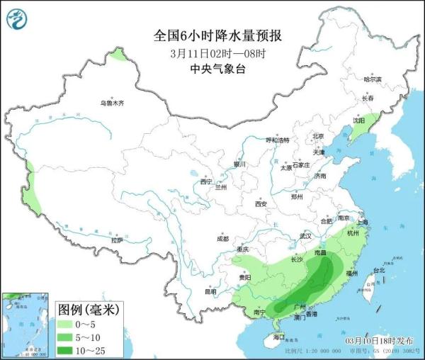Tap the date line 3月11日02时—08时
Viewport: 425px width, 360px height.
pyautogui.click(x=213, y=52)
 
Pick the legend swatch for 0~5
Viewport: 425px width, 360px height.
pyautogui.click(x=69, y=322)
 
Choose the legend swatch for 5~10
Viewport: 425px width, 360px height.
pyautogui.click(x=69, y=336)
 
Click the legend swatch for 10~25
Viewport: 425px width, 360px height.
pyautogui.click(x=69, y=349)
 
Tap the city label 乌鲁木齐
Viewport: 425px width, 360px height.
pyautogui.click(x=111, y=103)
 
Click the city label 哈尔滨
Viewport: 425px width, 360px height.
pyautogui.click(x=372, y=79)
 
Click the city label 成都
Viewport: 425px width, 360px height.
pyautogui.click(x=223, y=238)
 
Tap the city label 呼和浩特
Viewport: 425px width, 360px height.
pyautogui.click(x=278, y=140)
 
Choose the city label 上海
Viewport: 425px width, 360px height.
pyautogui.click(x=363, y=222)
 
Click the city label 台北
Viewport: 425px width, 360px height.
pyautogui.click(x=379, y=270)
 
